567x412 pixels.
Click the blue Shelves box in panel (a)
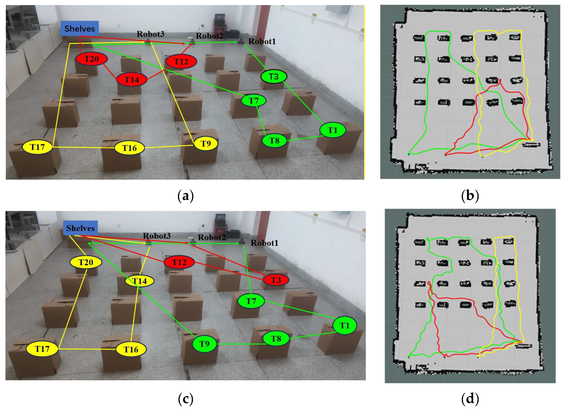pyautogui.click(x=79, y=28)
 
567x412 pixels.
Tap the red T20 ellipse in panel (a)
pyautogui.click(x=91, y=59)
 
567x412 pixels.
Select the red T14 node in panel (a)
pyautogui.click(x=132, y=80)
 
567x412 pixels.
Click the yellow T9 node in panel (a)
pyautogui.click(x=206, y=144)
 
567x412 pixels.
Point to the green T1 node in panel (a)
pyautogui.click(x=332, y=130)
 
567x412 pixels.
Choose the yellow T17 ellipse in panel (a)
pyautogui.click(x=38, y=147)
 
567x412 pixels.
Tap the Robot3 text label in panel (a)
pyautogui.click(x=150, y=34)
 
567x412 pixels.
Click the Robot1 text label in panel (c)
pyautogui.click(x=264, y=243)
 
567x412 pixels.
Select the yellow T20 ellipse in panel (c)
pyautogui.click(x=86, y=262)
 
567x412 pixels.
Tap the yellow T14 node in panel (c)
pyautogui.click(x=139, y=281)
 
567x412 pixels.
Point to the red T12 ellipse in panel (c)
pyautogui.click(x=179, y=262)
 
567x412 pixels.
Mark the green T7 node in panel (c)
pyautogui.click(x=251, y=301)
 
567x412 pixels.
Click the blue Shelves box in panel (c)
pyautogui.click(x=80, y=228)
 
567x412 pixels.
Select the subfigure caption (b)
pyautogui.click(x=470, y=196)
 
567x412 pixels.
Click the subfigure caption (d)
pyautogui.click(x=470, y=399)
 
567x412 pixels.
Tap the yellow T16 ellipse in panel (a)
pyautogui.click(x=129, y=148)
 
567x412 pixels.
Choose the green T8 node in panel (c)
pyautogui.click(x=276, y=339)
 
